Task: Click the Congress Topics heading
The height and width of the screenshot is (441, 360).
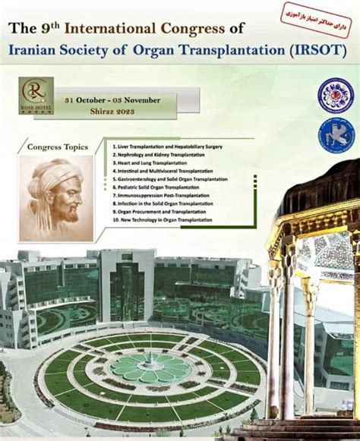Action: (x=58, y=146)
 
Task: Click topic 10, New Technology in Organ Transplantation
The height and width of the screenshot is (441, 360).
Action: (x=163, y=221)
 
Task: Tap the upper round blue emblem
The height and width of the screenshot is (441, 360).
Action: (x=335, y=96)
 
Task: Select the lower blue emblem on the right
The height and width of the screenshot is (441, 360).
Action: (x=335, y=135)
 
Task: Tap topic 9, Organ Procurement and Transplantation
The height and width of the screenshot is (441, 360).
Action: (x=158, y=213)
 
